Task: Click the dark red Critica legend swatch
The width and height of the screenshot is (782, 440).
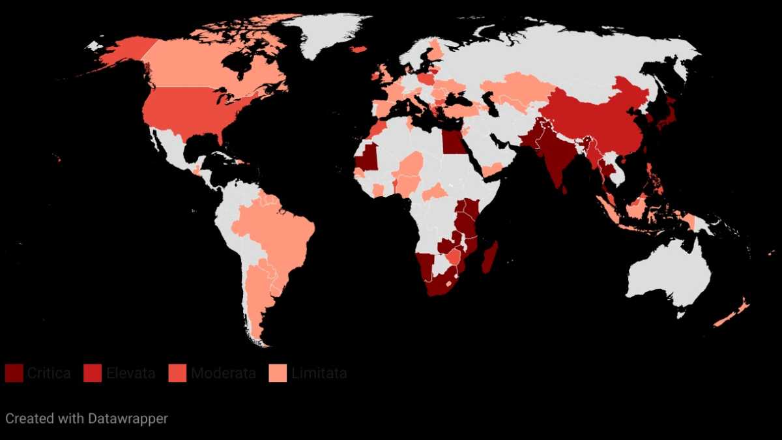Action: point(14,374)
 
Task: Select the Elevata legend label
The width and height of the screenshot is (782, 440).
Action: point(132,374)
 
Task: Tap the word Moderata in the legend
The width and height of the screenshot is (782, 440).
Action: point(223,374)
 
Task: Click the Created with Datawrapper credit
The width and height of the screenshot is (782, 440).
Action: point(87,418)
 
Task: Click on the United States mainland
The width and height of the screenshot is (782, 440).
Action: point(189,111)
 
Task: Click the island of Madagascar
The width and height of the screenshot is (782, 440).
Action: point(490,257)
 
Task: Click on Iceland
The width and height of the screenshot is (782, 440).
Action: point(358,49)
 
